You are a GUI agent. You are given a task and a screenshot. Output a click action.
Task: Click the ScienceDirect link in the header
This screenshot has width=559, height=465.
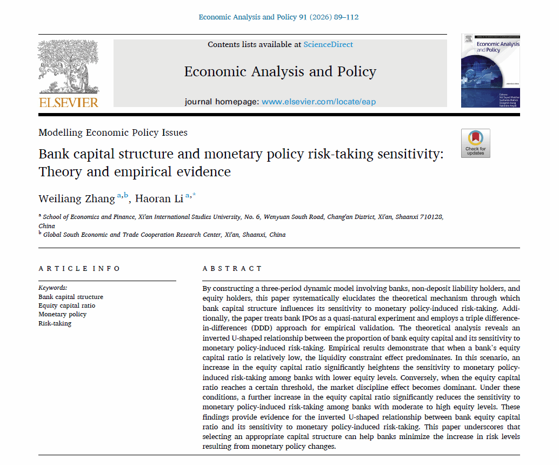point(328,44)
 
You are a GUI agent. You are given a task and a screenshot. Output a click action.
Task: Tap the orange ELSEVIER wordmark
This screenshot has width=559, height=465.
point(68,102)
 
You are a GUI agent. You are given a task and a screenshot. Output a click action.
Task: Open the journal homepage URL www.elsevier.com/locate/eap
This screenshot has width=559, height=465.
point(318,102)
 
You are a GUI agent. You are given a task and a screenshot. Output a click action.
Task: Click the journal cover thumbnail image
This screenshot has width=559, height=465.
point(490,70)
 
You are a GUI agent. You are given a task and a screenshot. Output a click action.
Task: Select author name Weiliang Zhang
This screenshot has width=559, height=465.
point(77,199)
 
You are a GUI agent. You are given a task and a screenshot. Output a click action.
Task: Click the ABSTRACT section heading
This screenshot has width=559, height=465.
point(232,269)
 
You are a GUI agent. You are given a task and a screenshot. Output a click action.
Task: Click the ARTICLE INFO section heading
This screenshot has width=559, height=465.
point(79,269)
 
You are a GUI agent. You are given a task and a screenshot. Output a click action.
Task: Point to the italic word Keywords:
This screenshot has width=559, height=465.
point(53,288)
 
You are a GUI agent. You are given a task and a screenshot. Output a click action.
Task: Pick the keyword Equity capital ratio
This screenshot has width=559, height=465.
point(66,305)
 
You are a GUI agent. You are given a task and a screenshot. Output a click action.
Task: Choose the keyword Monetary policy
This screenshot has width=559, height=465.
point(62,314)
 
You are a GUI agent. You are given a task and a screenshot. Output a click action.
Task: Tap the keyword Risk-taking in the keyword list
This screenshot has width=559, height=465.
point(55,323)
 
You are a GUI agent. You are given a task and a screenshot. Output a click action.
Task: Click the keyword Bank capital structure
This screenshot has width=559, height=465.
point(70,297)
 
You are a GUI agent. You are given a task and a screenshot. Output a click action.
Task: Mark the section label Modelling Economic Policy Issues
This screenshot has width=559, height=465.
point(113,132)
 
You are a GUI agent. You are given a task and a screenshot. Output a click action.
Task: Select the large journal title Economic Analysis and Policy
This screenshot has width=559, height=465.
point(280,72)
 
